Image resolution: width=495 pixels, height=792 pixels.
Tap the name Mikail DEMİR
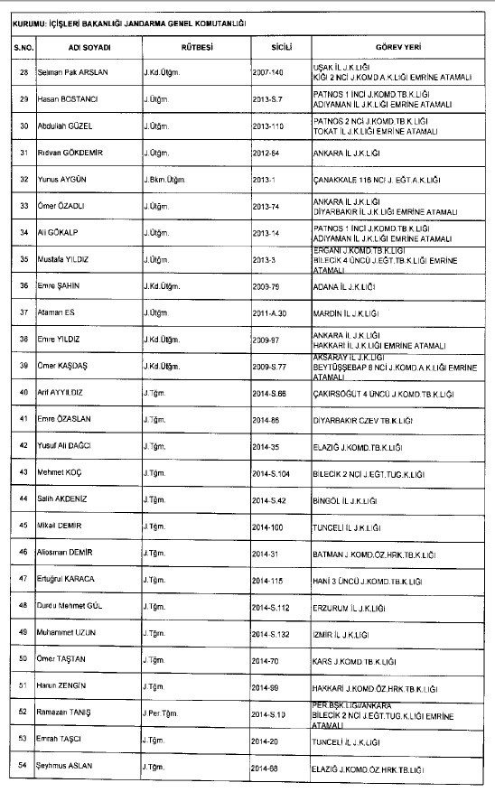61,524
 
